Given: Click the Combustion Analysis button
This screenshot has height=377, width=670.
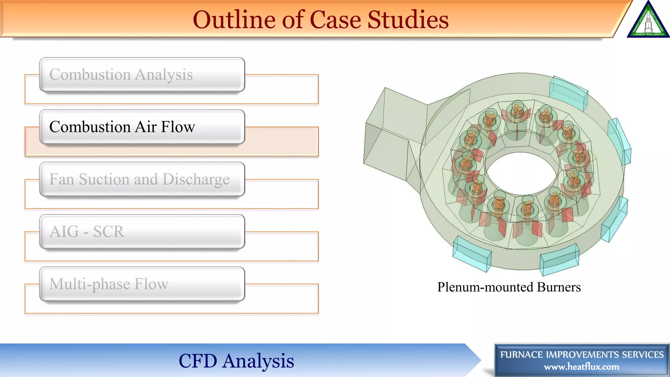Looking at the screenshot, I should pos(142,75).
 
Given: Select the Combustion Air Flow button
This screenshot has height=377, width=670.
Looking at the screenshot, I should pos(142,127).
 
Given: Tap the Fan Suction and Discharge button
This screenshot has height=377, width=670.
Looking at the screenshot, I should pos(142,179).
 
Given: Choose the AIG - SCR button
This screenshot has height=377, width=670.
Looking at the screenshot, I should pos(142,232).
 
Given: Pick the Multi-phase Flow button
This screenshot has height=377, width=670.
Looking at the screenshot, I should pos(142,284).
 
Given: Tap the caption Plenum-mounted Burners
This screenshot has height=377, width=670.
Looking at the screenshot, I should pos(509,287).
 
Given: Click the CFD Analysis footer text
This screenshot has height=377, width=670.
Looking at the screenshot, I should pos(236,361).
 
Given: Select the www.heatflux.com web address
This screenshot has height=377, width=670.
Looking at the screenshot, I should pos(581,367).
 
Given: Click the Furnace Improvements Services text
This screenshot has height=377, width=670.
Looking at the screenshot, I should pos(582,354).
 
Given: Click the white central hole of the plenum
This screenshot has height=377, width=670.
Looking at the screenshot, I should pos(522,173).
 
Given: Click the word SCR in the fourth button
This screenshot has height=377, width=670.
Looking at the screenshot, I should pos(109,232).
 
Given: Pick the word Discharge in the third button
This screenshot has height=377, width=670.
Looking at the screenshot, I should pos(196,179).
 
